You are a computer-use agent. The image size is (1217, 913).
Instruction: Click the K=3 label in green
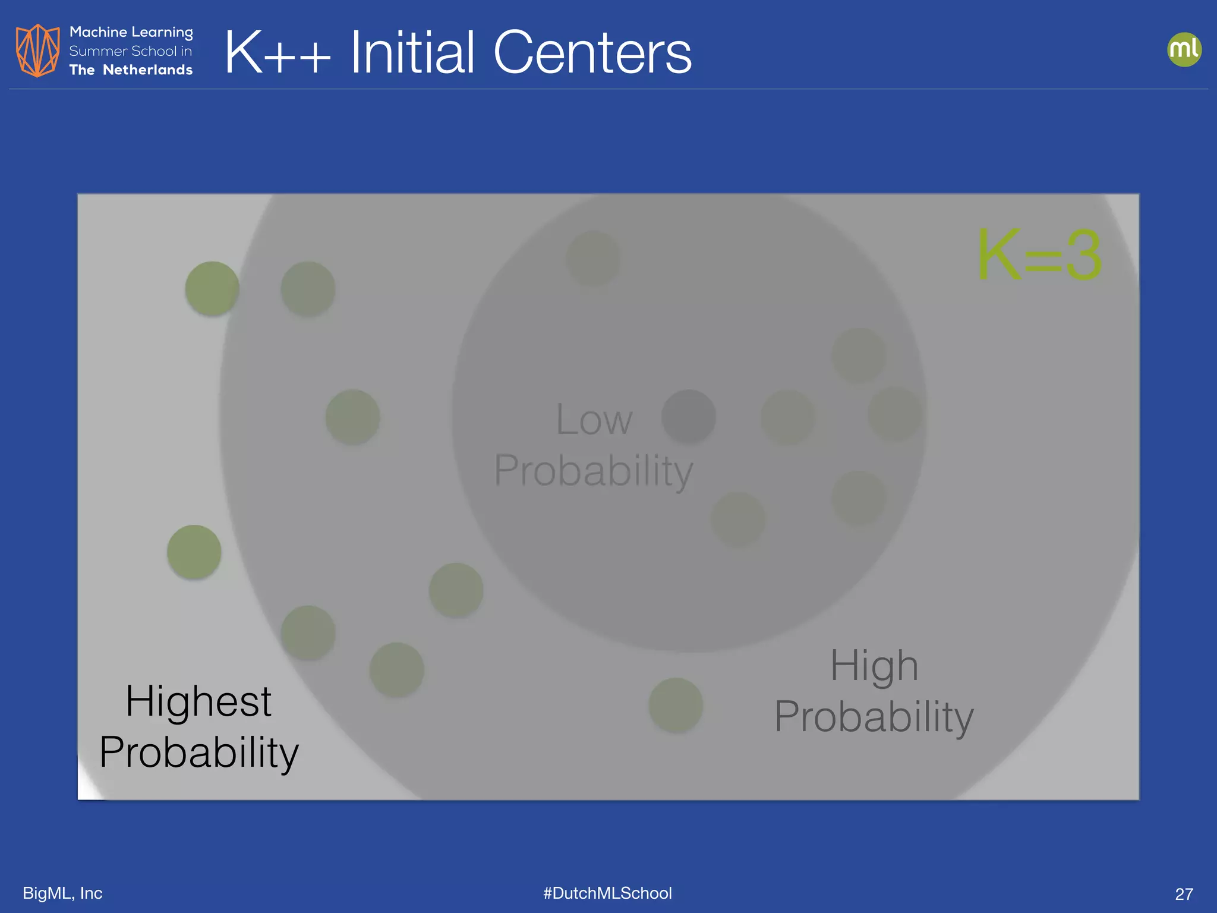pos(1040,256)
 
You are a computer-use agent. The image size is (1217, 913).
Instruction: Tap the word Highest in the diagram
pos(198,701)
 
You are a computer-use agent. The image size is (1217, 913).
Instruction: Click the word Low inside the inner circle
pos(594,420)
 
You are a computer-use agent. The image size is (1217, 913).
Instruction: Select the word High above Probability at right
pos(874,666)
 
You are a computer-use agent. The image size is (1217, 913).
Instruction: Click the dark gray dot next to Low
pos(688,416)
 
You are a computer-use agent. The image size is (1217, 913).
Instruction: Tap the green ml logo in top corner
pos(1184,49)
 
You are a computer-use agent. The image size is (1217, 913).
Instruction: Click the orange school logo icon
pos(37,51)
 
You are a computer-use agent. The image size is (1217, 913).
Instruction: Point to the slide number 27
pos(1184,894)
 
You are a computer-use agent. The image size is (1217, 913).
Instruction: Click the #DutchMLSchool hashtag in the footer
pos(607,893)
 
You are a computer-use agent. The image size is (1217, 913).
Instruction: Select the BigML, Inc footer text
pos(62,893)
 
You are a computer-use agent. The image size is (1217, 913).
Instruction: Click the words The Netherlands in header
pos(131,70)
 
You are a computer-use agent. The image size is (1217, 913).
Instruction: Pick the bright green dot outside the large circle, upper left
pos(212,288)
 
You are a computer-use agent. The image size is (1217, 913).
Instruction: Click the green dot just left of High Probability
pos(676,706)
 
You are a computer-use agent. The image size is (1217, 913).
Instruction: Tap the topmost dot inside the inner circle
pos(593,258)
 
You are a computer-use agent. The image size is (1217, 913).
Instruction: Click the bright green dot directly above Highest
pos(194,552)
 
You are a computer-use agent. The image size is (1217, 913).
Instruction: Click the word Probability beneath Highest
pos(198,752)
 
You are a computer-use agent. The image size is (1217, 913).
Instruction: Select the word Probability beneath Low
pos(594,471)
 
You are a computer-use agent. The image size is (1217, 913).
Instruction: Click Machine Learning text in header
pos(131,32)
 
